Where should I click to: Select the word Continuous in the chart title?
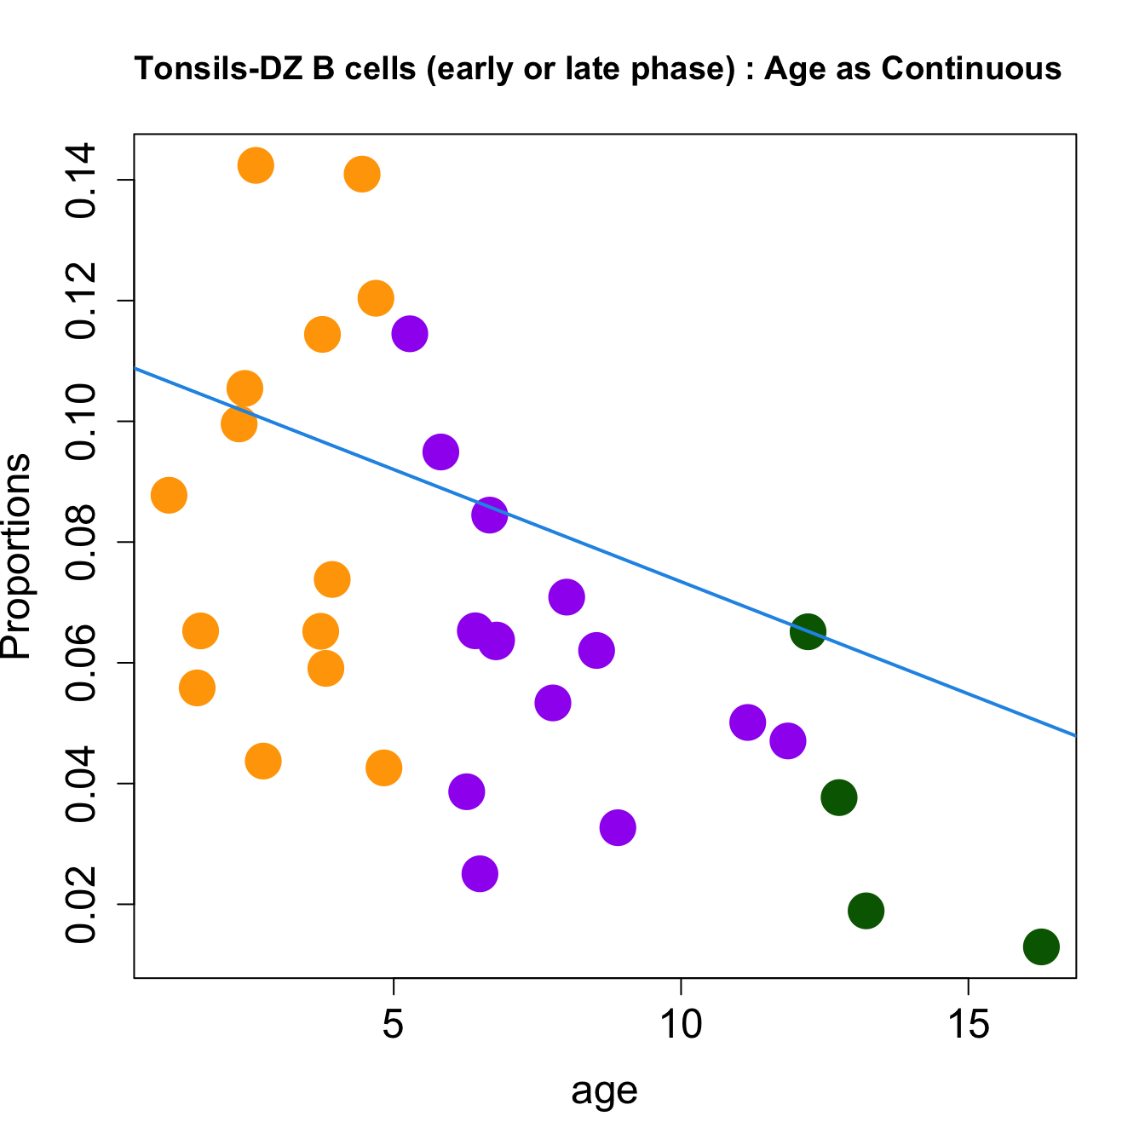(971, 69)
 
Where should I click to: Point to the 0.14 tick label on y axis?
(81, 181)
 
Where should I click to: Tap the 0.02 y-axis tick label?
(81, 905)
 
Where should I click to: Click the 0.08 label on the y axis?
(81, 543)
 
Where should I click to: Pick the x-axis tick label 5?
(393, 1025)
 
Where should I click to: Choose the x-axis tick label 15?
(969, 1025)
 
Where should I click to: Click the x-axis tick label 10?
(681, 1025)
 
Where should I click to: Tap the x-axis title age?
(604, 1090)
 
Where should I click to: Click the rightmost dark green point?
(1041, 946)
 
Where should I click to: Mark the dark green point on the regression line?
(808, 631)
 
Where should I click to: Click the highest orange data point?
(256, 164)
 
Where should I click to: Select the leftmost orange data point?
(169, 495)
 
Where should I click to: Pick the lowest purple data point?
(480, 873)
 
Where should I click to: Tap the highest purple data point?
(410, 333)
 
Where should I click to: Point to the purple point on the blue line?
(490, 515)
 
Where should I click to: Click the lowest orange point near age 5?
(384, 768)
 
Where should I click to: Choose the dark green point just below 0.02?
(866, 911)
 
